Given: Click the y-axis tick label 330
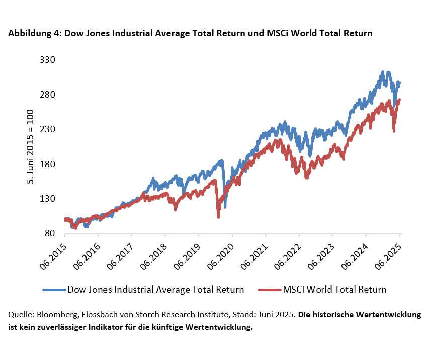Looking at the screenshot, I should coord(47,60).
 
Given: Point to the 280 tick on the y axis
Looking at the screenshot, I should coord(47,95).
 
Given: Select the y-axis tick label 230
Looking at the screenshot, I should coord(47,129).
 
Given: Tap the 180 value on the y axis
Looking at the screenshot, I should coord(47,164).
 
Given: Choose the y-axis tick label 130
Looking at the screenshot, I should coord(47,199).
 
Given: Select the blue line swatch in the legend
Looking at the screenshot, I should coord(53,290).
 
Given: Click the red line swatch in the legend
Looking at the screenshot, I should coord(269,290).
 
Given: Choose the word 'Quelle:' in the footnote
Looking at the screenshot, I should coord(21,315).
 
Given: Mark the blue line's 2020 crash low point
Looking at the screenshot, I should coord(225,207).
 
